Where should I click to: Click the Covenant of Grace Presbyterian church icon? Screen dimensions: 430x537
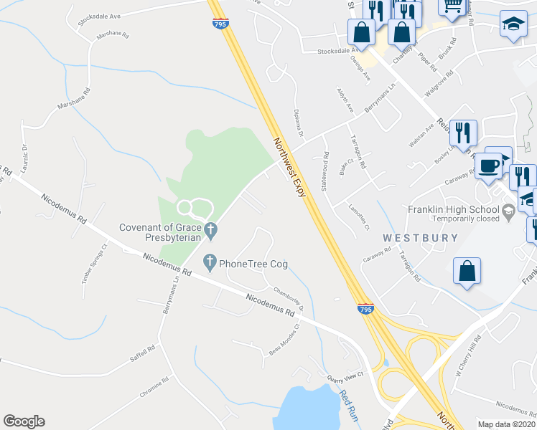[x=210, y=230]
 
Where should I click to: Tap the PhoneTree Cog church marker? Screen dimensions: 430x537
[x=210, y=263]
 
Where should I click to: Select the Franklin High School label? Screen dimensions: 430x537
[x=453, y=209]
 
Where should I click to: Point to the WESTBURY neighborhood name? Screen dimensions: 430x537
[x=411, y=237]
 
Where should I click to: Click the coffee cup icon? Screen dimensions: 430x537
[x=489, y=167]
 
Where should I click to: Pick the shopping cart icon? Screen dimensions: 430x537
[x=452, y=6]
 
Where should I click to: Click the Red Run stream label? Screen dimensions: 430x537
[x=348, y=406]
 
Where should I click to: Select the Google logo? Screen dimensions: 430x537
[x=24, y=421]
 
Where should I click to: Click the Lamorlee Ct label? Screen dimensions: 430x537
[x=358, y=217]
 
